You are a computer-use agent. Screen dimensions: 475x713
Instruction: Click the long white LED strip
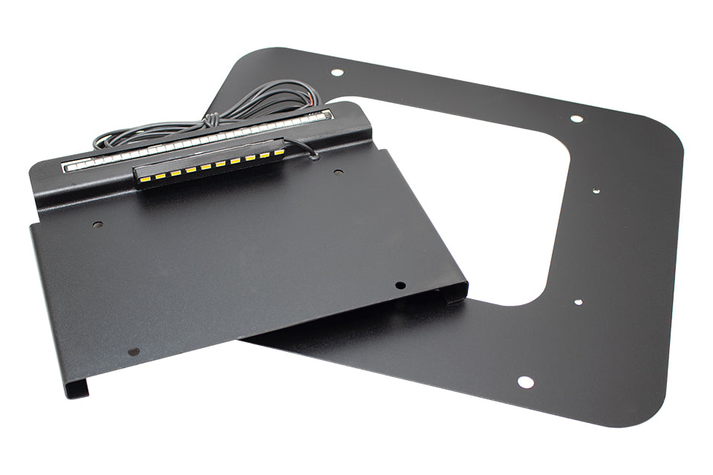point(197,141)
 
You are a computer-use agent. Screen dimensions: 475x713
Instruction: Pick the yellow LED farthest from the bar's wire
point(143,178)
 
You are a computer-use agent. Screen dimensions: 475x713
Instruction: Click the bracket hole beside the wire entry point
point(338,172)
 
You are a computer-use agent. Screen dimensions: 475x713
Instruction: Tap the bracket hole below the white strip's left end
point(97,223)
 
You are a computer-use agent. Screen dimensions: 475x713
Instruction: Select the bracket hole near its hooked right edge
point(400,285)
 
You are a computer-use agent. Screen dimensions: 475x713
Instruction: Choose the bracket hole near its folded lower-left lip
point(134,351)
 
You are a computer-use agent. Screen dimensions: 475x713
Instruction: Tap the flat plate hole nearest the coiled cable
point(336,73)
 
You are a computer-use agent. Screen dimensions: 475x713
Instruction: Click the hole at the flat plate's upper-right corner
point(576,118)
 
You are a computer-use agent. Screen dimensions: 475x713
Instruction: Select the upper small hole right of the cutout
point(596,190)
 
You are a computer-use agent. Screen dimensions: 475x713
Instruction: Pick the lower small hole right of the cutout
point(578,302)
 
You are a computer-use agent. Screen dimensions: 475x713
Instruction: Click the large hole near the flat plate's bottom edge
point(525,381)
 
